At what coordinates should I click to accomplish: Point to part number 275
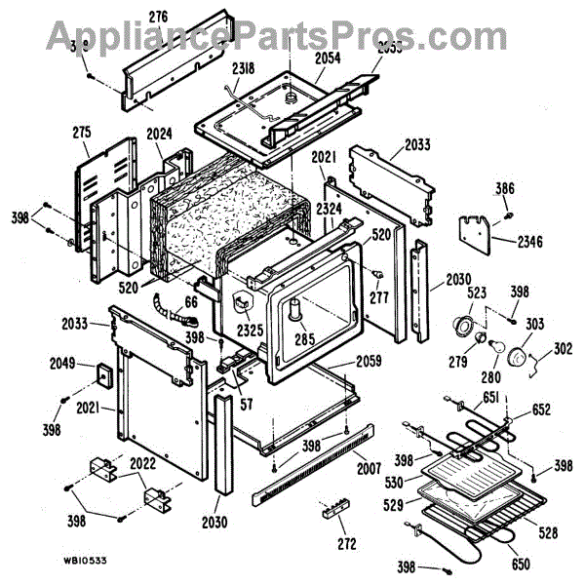[81, 132]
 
